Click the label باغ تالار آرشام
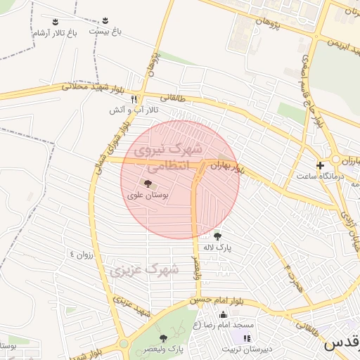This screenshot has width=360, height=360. pos(53,33)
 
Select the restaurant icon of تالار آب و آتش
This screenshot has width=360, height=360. pos(134,99)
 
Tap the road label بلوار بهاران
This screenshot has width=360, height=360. pos(229,168)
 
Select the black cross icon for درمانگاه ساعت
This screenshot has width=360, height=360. pos(321,166)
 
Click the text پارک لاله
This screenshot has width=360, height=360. pos(217,247)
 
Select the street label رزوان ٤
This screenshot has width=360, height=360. pos(81,254)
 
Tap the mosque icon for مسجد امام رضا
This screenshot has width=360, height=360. pos(224,314)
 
